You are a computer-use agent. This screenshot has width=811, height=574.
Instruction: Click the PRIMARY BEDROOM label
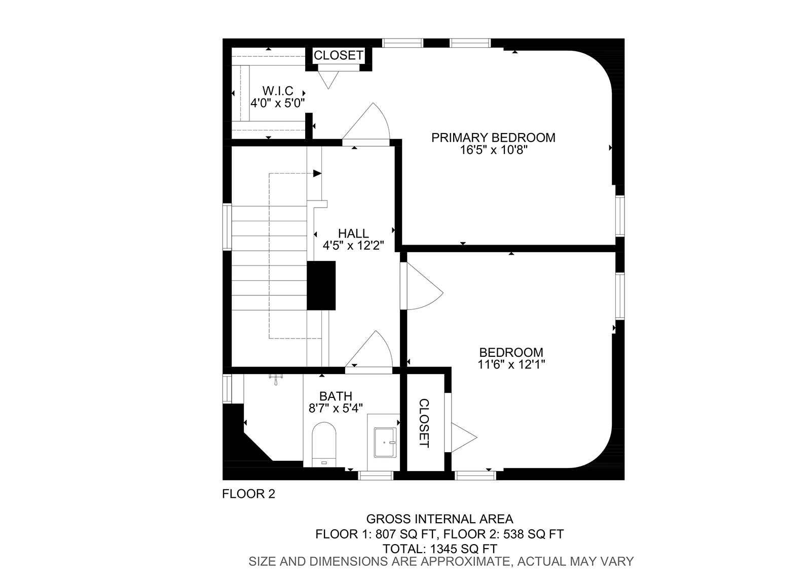[493, 138]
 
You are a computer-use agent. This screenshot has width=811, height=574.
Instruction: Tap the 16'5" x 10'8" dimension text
[494, 150]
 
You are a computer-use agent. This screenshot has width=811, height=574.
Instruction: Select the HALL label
[353, 233]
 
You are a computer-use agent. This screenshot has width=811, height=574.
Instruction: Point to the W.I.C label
[278, 91]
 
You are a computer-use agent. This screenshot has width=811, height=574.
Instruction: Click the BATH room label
[336, 396]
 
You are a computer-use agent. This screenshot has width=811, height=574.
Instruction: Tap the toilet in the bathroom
[324, 445]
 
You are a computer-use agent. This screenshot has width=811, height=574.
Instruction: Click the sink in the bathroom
[385, 443]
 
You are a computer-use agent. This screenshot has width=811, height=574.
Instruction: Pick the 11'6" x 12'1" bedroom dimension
[511, 364]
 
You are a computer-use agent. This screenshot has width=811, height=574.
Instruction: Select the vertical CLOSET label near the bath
[424, 423]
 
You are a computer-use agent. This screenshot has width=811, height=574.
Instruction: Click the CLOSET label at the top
[339, 55]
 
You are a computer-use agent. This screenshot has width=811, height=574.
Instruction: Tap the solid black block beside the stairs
[321, 286]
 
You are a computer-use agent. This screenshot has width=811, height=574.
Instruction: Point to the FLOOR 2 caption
[248, 494]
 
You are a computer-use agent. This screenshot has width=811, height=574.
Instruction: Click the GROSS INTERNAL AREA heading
[439, 519]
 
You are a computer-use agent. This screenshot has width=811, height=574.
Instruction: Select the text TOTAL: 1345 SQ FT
[439, 549]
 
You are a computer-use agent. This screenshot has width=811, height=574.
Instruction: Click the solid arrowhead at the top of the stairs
[317, 174]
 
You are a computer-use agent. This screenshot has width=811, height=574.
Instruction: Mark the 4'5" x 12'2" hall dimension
[353, 246]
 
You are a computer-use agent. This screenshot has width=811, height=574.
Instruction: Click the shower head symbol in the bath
[276, 379]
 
